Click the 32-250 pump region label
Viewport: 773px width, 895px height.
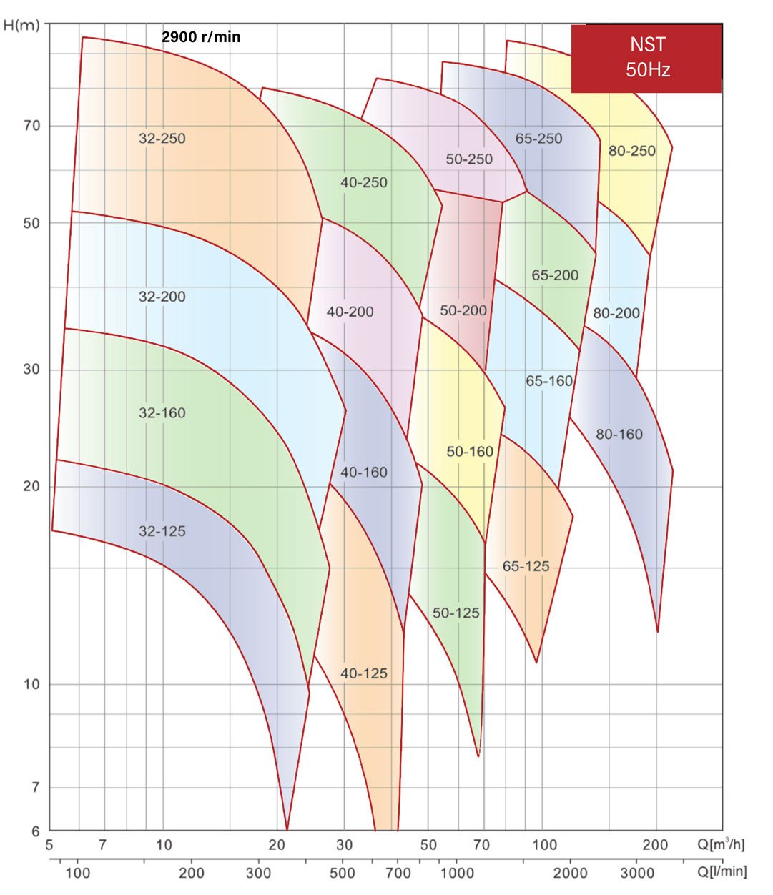pyautogui.click(x=162, y=138)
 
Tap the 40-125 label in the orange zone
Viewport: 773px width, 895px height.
pyautogui.click(x=364, y=673)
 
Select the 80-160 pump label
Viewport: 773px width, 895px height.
pyautogui.click(x=619, y=434)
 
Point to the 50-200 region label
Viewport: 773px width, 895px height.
pyautogui.click(x=463, y=310)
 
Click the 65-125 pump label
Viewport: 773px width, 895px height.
pyautogui.click(x=526, y=566)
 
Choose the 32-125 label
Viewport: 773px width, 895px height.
pyautogui.click(x=162, y=531)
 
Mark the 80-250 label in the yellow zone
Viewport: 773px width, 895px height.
pyautogui.click(x=631, y=151)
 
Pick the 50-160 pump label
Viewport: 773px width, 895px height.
pyautogui.click(x=470, y=452)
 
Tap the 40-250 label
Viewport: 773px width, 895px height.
pyautogui.click(x=364, y=182)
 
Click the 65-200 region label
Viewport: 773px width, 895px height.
pyautogui.click(x=555, y=275)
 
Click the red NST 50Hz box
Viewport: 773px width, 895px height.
pyautogui.click(x=646, y=58)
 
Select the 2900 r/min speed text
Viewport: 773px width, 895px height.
pyautogui.click(x=201, y=37)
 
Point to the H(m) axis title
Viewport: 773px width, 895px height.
pyautogui.click(x=21, y=26)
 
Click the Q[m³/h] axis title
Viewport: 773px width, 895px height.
pyautogui.click(x=721, y=844)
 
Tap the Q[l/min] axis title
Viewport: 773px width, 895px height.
pyautogui.click(x=723, y=871)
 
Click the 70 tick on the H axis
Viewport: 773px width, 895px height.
pyautogui.click(x=32, y=126)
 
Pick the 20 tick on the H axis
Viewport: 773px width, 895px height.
pyautogui.click(x=32, y=486)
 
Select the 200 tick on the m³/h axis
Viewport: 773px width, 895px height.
pyautogui.click(x=654, y=845)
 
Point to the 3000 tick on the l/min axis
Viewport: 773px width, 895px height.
pyautogui.click(x=636, y=873)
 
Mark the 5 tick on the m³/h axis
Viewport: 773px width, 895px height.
pyautogui.click(x=49, y=845)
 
